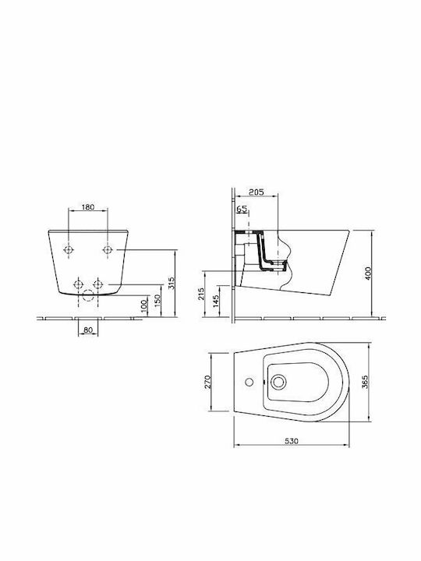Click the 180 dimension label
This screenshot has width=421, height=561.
(88, 206)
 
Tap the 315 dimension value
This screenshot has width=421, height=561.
(171, 283)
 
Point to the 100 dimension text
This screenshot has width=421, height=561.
(144, 306)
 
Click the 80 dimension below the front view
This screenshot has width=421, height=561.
(88, 330)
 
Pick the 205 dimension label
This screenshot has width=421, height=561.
(256, 192)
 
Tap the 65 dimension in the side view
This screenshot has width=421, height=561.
(242, 209)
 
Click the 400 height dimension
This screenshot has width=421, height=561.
(368, 273)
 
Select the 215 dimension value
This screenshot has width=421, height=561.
(202, 294)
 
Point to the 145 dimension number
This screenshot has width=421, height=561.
(215, 302)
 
